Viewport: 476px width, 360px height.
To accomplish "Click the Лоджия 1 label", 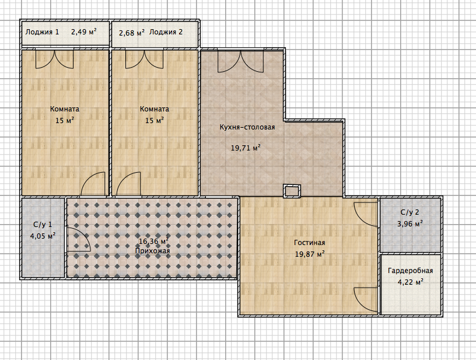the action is coord(42,32).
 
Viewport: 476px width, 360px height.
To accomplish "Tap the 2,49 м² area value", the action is coord(84,32).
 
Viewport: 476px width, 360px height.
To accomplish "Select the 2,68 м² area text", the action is coord(131,33).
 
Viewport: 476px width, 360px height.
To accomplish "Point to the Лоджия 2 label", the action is coord(166,32).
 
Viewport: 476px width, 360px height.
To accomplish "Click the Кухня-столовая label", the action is coord(247,127).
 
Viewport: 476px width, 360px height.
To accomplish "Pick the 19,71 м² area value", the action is coord(246,148).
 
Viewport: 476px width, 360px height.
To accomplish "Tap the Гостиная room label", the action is coord(309,243).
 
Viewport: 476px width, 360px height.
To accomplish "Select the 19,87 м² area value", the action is coord(310,254).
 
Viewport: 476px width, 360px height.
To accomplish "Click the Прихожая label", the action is coord(152,251).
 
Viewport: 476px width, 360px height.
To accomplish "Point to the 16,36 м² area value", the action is coord(153,242).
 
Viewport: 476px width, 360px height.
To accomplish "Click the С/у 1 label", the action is coord(43,224).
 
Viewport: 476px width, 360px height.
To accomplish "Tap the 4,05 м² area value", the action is coord(43,236).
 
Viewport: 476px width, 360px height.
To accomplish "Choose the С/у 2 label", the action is coord(410,212).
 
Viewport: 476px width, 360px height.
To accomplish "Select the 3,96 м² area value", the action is coord(410,224).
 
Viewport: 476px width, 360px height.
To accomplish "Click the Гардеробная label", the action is coord(411,271).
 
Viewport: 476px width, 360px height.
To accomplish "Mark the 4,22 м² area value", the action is coord(411,282).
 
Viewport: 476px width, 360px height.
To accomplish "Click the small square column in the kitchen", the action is coord(292,191).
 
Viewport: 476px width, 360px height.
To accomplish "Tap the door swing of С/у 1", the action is coord(78,240).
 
